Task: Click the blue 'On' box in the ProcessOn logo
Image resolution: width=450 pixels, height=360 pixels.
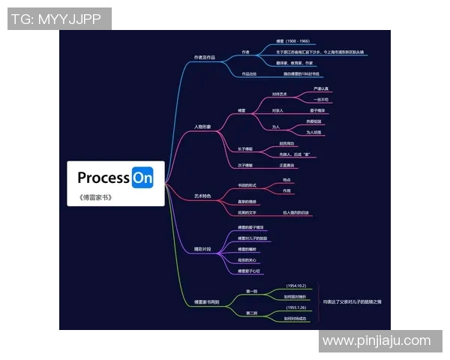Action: pyautogui.click(x=142, y=178)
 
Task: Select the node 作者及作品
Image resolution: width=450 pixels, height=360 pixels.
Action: pyautogui.click(x=205, y=57)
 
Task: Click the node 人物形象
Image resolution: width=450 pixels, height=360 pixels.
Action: pyautogui.click(x=203, y=127)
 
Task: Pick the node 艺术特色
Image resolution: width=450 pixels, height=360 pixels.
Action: pyautogui.click(x=203, y=196)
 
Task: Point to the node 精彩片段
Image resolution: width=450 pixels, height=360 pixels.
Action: pyautogui.click(x=203, y=248)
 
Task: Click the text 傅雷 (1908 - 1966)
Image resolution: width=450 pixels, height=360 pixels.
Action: pyautogui.click(x=293, y=41)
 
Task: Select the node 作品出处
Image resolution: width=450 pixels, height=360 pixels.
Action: pyautogui.click(x=249, y=74)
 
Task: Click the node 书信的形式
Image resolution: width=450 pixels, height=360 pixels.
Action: pyautogui.click(x=247, y=185)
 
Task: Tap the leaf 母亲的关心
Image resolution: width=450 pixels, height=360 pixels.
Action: pyautogui.click(x=249, y=260)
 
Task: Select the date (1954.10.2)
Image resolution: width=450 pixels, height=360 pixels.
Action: pyautogui.click(x=296, y=286)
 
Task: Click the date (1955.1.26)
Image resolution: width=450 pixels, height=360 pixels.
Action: pyautogui.click(x=296, y=307)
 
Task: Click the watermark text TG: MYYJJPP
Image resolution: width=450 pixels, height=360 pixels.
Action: pyautogui.click(x=59, y=18)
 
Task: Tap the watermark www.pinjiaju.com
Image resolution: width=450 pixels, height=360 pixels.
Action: pyautogui.click(x=380, y=341)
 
